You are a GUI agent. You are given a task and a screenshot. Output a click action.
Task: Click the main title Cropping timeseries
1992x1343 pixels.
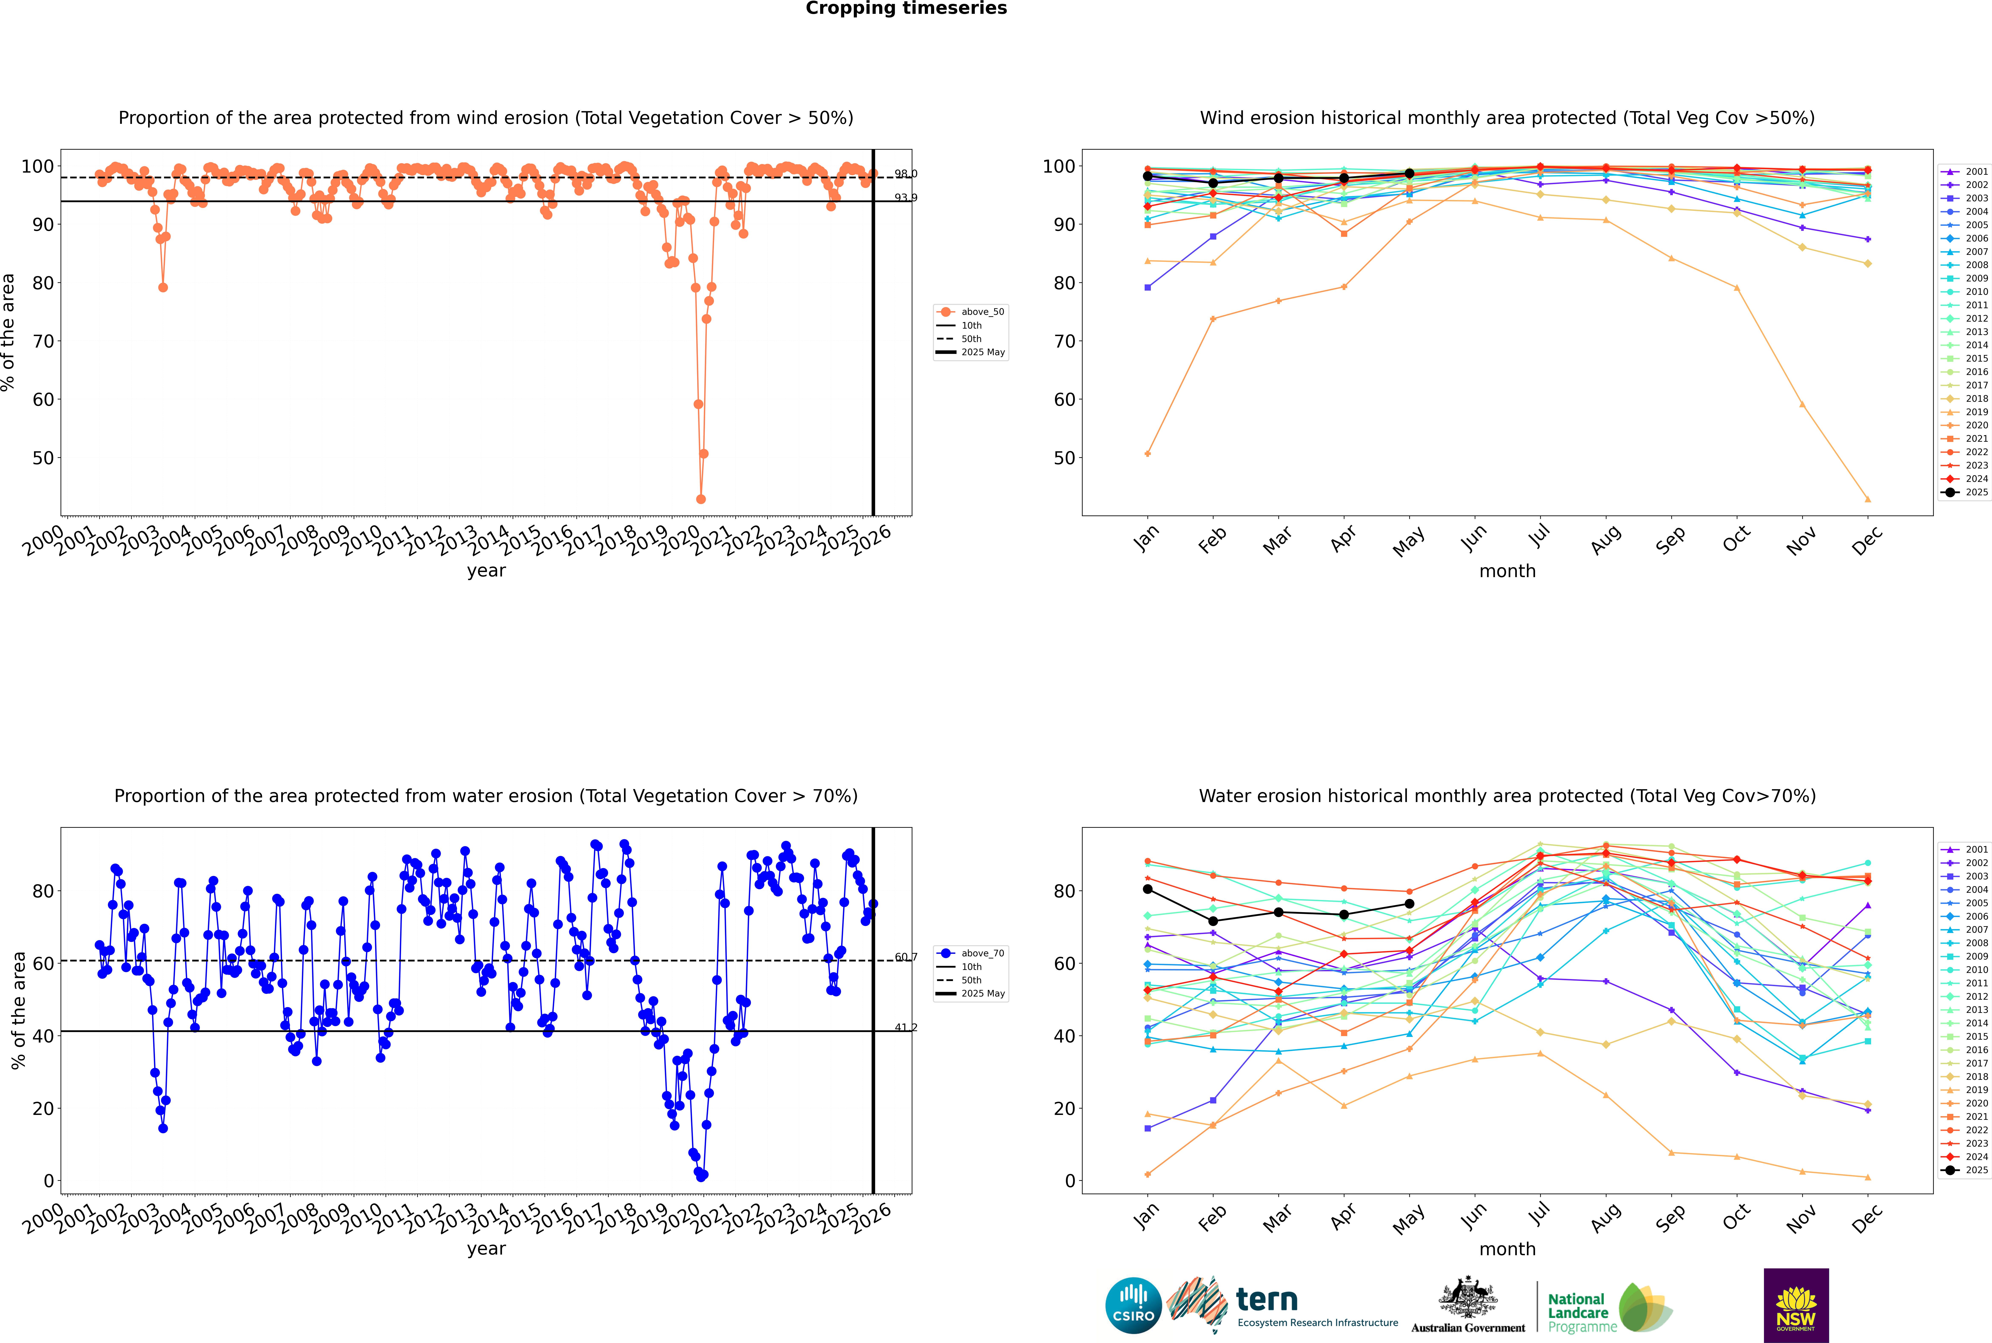coord(906,9)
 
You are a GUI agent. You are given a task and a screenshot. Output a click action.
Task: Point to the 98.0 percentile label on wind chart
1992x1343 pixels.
coord(905,174)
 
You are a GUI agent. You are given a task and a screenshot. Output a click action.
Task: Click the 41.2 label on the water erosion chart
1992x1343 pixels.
coord(905,1027)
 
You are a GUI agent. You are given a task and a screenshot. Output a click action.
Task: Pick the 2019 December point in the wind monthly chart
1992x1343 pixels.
coord(1868,499)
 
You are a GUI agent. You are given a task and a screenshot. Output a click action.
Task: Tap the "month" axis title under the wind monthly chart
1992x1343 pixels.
coord(1507,571)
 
